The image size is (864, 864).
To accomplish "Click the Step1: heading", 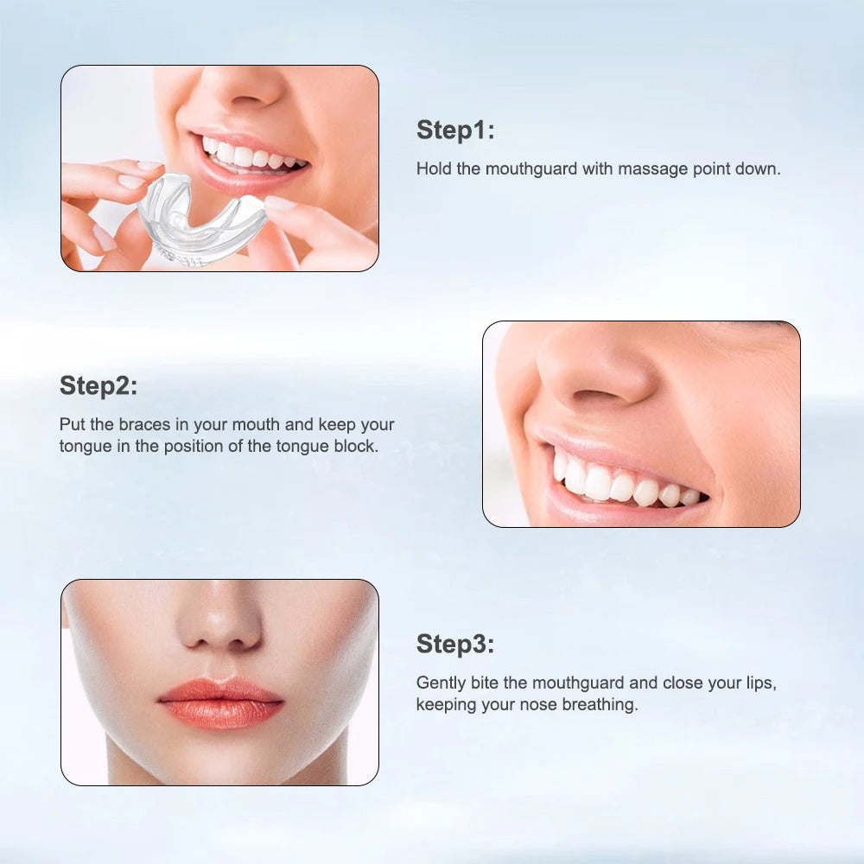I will point(455,130).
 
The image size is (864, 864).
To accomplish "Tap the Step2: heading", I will point(98,386).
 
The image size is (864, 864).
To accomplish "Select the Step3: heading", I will point(455,644).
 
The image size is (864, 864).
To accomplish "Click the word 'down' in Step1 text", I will point(759,169).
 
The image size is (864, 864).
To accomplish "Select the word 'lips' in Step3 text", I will point(759,683).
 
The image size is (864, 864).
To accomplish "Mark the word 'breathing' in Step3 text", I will point(600,705).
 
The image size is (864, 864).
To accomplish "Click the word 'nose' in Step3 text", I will point(538,705).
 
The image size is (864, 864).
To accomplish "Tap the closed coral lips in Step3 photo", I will point(220,702).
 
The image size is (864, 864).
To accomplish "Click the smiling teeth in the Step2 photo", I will point(622,485).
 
